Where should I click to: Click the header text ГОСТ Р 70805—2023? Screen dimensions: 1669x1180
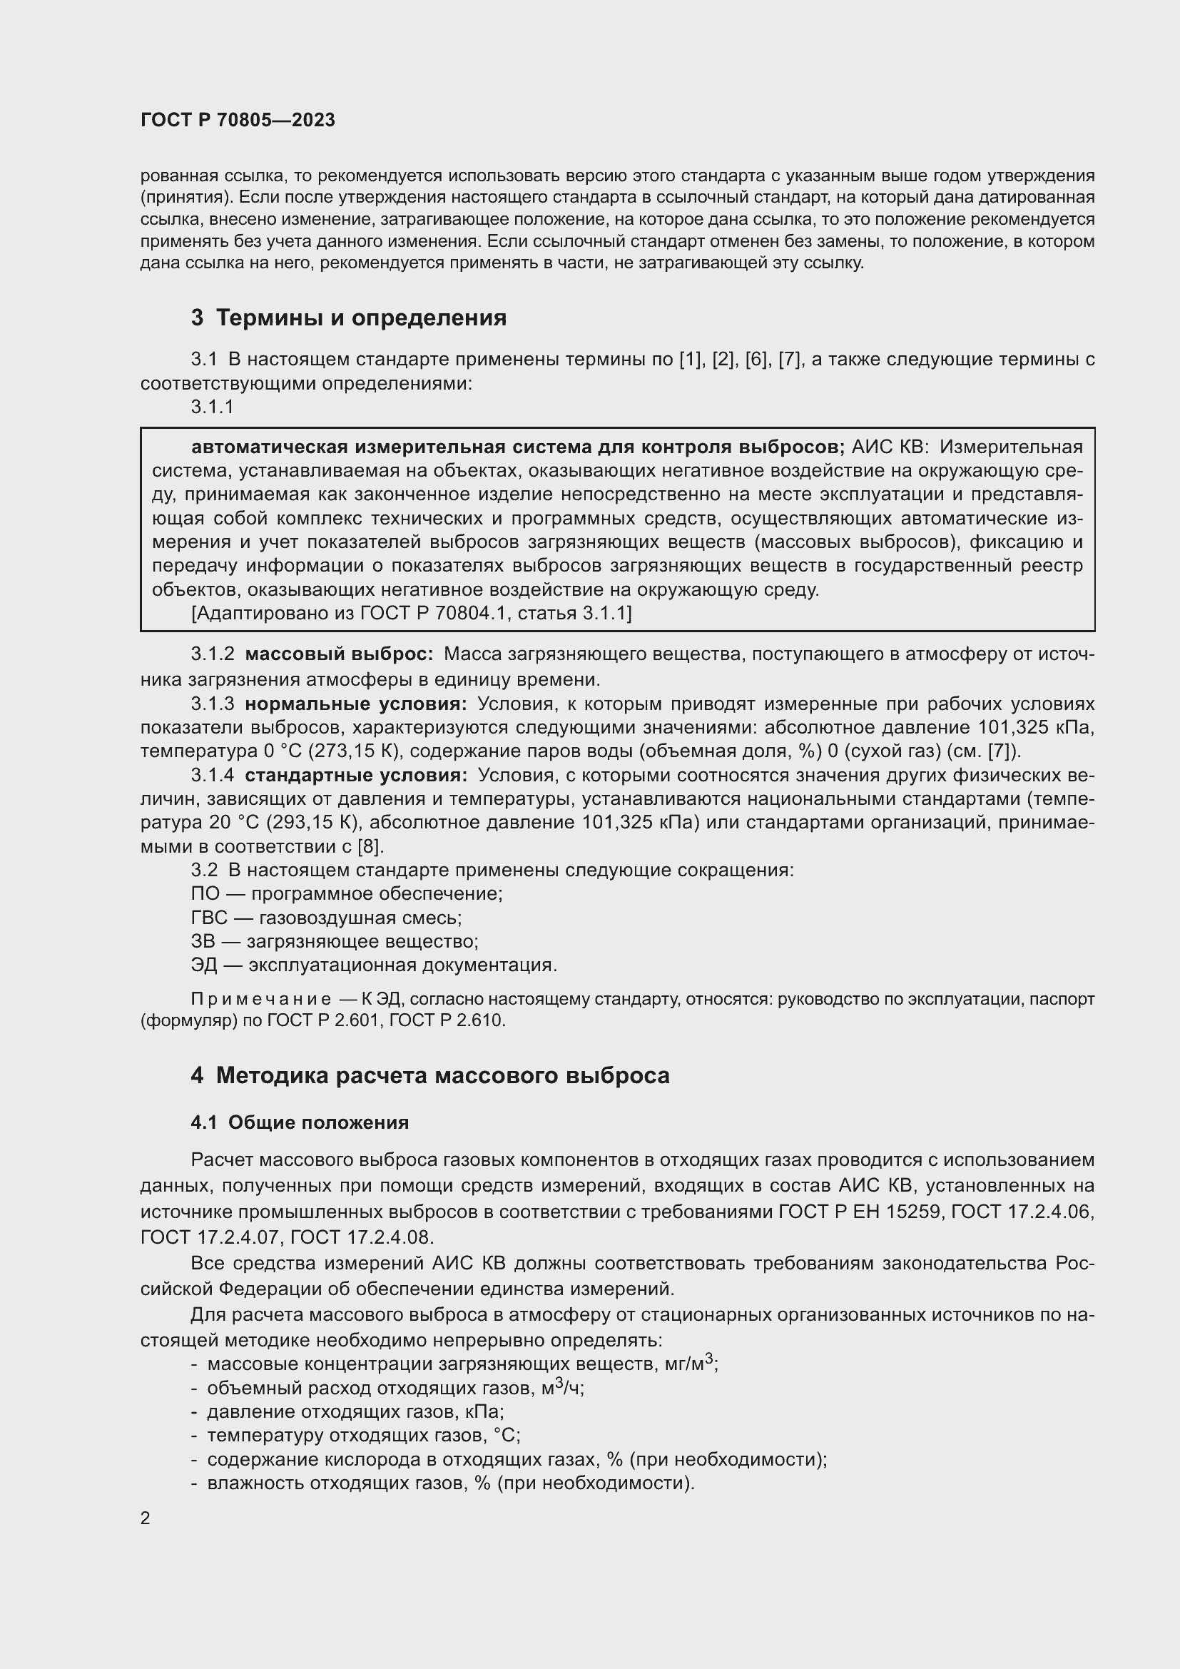click(238, 120)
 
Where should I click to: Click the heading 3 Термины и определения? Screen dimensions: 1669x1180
click(349, 318)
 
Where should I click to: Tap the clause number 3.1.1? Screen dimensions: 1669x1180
click(212, 407)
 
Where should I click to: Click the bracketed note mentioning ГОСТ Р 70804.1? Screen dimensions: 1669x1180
click(411, 614)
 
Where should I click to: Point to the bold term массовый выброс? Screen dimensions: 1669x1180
click(339, 654)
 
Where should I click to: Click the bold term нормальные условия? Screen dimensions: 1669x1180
click(356, 704)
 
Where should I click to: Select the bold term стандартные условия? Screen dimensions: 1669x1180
click(356, 775)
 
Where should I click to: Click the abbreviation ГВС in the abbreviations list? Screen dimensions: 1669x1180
click(208, 918)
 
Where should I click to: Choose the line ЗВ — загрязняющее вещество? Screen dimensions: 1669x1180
click(334, 941)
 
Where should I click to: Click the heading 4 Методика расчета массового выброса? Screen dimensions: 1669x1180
click(430, 1075)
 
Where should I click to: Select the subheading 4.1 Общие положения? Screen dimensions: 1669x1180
click(300, 1122)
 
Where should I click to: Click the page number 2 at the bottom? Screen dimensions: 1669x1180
click(146, 1518)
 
